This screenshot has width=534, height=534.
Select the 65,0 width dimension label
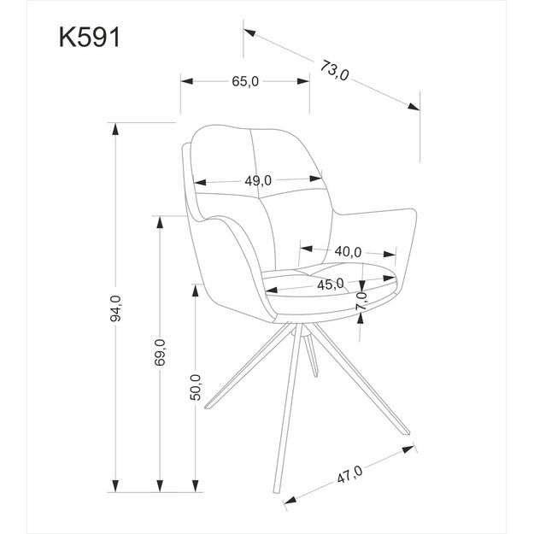click(x=244, y=81)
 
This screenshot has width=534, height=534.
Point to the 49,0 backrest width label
click(x=258, y=180)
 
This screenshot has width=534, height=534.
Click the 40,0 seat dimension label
click(x=348, y=251)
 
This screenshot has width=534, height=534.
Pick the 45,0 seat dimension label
click(x=330, y=284)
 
